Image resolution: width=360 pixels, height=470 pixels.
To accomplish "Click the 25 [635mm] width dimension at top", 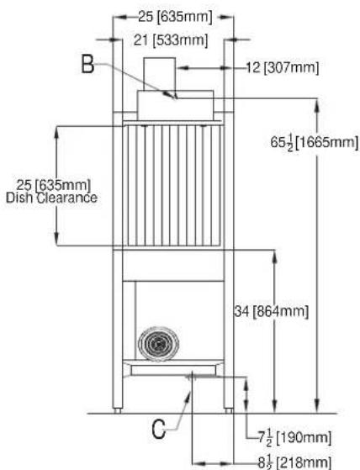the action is [175, 17].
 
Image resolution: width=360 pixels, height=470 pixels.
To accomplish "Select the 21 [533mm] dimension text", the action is [171, 40].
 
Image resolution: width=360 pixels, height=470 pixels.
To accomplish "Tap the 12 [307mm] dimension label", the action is [283, 68].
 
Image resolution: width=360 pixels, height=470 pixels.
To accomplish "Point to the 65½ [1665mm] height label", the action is [315, 142].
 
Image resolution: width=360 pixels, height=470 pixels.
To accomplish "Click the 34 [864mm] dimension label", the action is [272, 311].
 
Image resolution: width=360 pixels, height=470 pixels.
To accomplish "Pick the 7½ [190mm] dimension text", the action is [294, 438].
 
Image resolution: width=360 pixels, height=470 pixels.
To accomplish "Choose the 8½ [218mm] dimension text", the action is [294, 462].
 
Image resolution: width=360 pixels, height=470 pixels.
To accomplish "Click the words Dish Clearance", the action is [51, 198].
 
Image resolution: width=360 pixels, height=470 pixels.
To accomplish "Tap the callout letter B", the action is [87, 65].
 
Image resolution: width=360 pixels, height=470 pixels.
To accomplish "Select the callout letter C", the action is [159, 429].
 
